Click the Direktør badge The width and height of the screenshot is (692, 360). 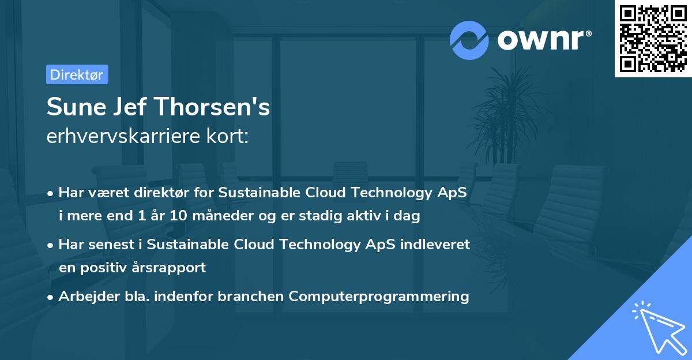77,74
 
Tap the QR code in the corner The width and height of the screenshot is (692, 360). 653,39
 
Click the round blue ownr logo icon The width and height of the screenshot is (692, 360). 469,40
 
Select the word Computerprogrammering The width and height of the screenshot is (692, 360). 379,297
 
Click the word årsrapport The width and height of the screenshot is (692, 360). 172,268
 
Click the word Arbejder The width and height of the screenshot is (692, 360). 85,297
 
